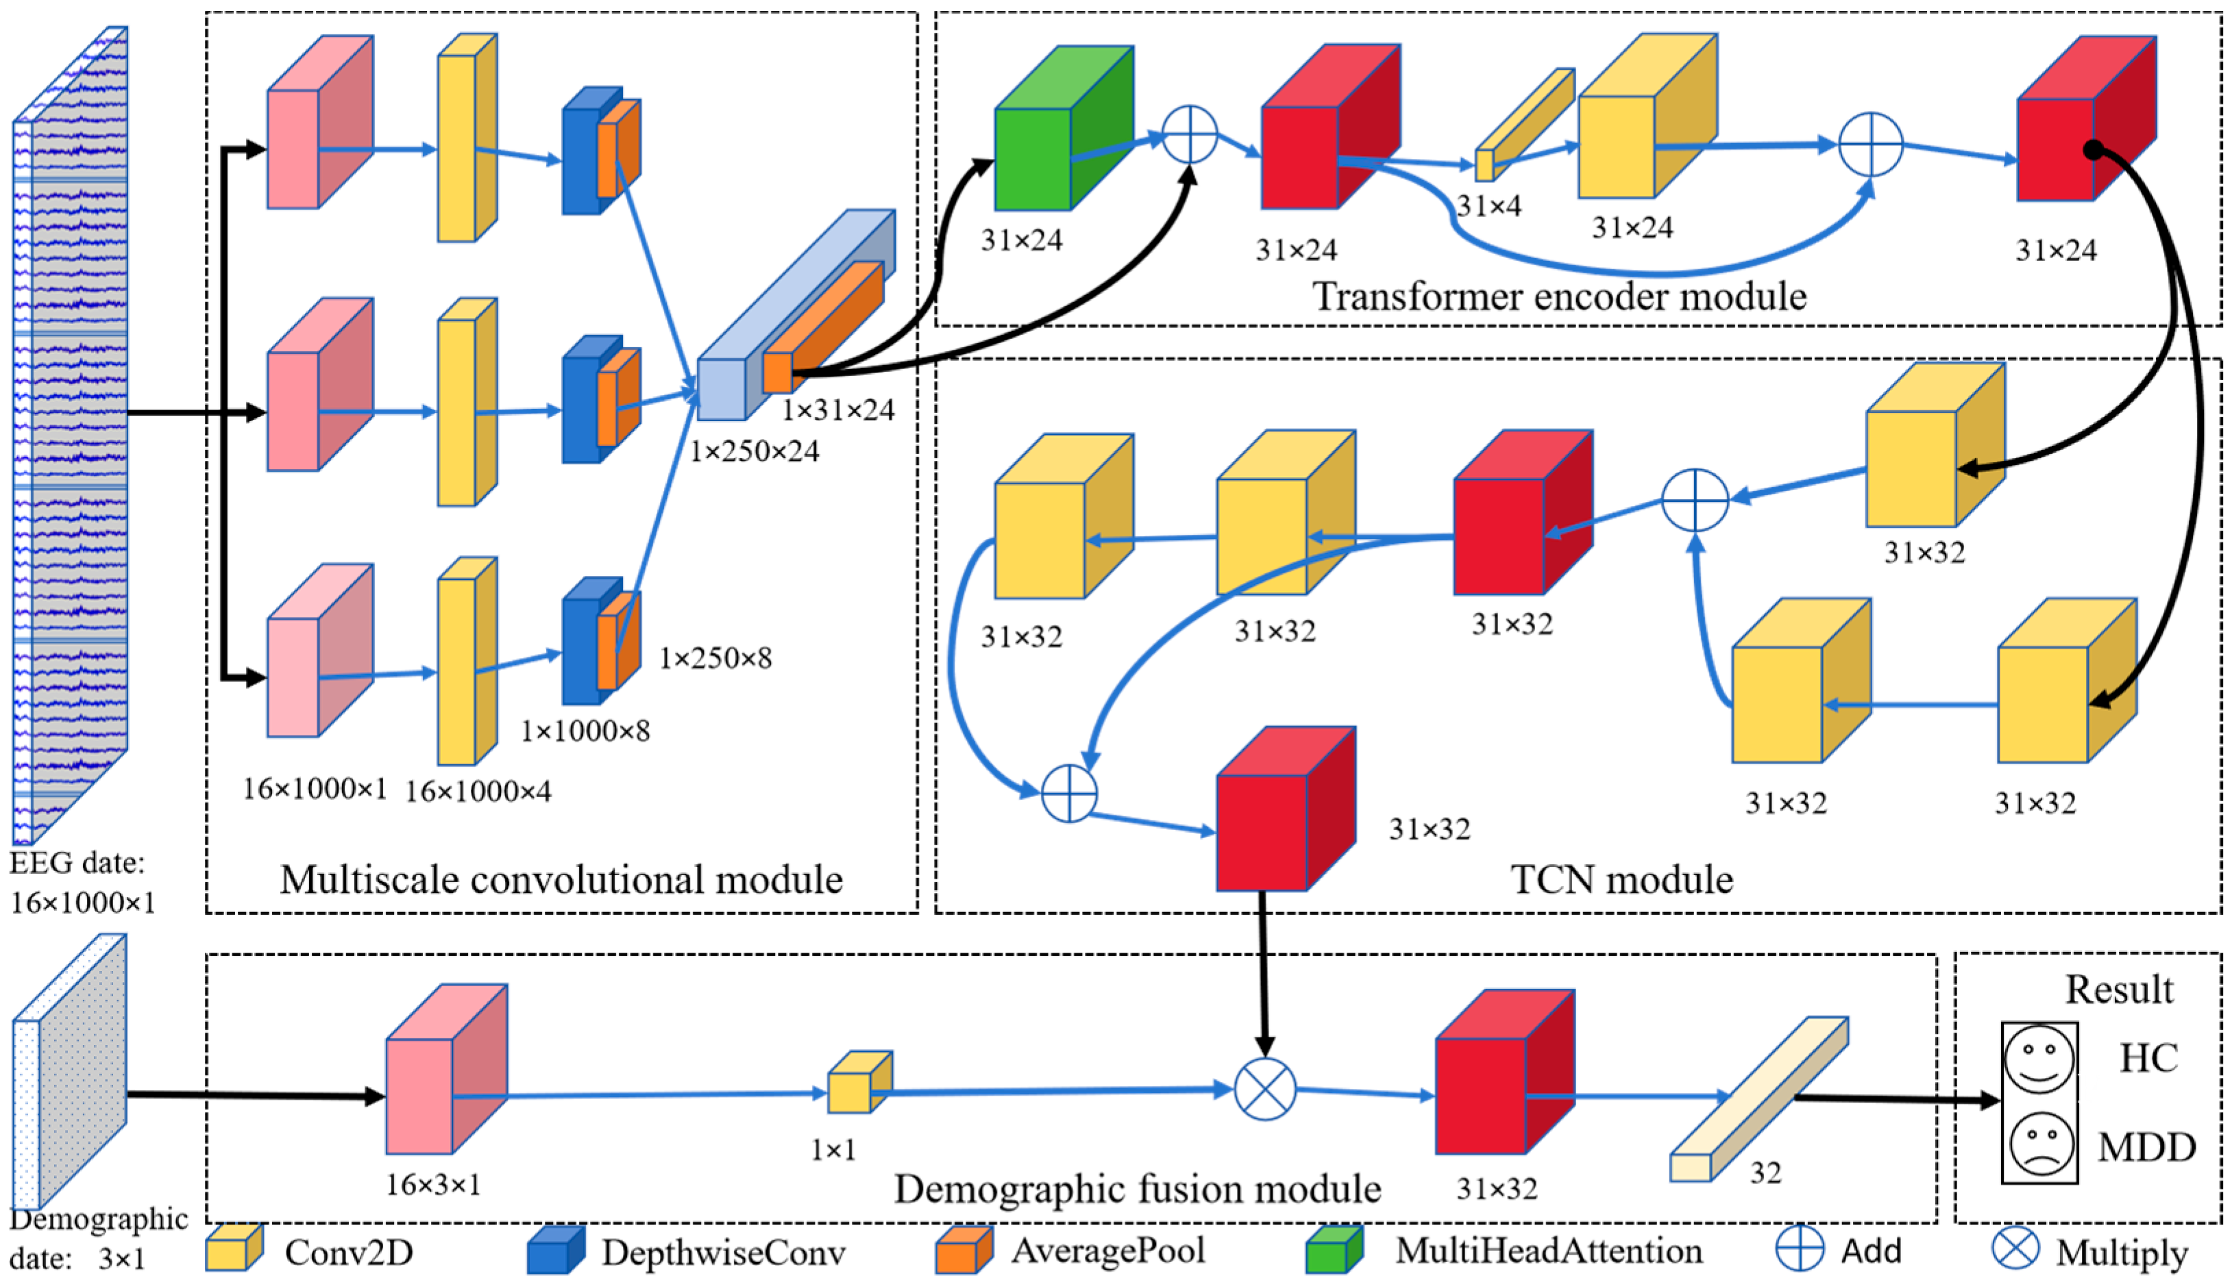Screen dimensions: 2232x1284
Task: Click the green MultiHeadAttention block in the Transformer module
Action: [x=1063, y=128]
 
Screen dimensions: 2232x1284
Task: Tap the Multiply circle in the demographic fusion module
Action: [x=1265, y=1089]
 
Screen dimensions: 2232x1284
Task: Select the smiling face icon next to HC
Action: [x=2039, y=1057]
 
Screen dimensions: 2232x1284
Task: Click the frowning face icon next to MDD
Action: [x=2041, y=1143]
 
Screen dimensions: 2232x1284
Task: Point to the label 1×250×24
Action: [x=755, y=451]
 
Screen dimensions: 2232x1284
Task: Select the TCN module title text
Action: [x=1621, y=879]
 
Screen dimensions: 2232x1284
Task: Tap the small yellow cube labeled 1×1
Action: [x=859, y=1082]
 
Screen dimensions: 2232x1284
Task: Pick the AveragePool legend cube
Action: [x=964, y=1250]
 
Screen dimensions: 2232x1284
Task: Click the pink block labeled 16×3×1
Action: [x=446, y=1069]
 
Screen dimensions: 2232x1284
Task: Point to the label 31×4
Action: [x=1489, y=206]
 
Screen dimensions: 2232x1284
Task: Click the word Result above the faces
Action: [x=2119, y=990]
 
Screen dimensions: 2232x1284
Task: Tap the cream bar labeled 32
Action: [x=1759, y=1099]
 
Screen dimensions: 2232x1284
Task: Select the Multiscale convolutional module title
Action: [x=561, y=880]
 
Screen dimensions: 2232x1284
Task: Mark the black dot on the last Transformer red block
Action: [x=2093, y=150]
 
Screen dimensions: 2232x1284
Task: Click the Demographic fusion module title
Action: [x=1137, y=1189]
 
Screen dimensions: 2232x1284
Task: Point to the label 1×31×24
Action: [x=838, y=410]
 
